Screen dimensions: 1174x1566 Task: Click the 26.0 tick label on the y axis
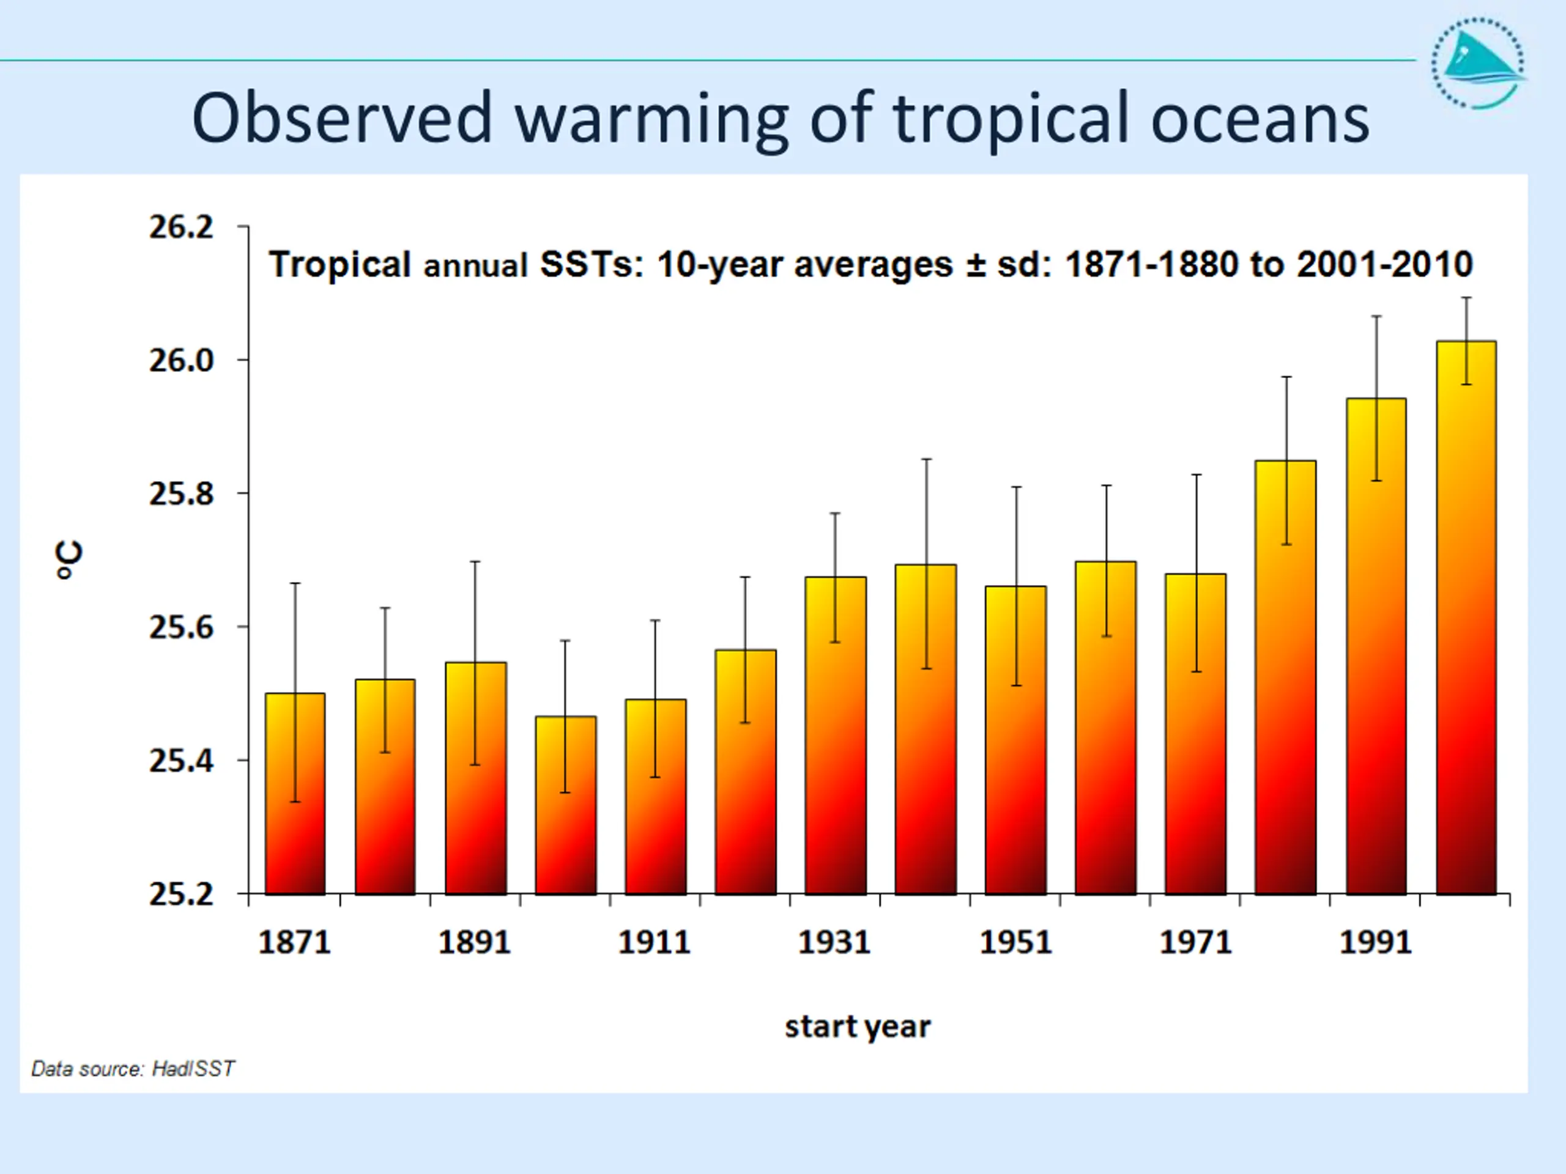coord(180,361)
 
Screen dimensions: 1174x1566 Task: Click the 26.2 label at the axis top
coord(180,227)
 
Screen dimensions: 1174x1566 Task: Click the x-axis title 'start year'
coord(858,1027)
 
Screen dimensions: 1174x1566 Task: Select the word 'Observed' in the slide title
coord(341,117)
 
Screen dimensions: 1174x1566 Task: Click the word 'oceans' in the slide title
coord(1260,119)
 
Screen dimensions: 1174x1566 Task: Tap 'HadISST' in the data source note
coord(193,1069)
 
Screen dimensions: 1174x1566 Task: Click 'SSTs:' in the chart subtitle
coord(591,265)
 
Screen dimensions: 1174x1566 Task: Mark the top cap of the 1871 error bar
coord(295,583)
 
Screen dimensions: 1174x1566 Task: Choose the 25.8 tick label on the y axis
coord(180,494)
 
